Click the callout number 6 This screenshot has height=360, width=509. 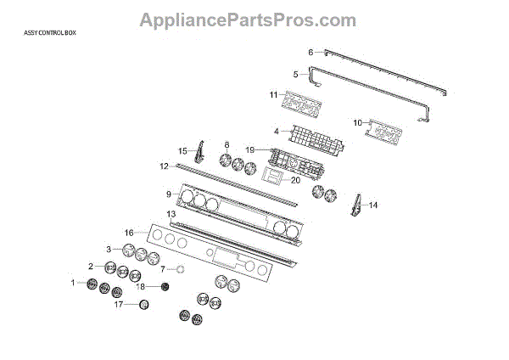310,53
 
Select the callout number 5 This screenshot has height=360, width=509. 295,74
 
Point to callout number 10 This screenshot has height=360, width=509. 357,123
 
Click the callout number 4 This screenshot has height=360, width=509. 277,131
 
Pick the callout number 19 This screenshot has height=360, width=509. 250,149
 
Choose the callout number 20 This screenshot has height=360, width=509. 295,180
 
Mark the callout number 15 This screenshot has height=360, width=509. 182,150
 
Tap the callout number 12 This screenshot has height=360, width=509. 165,166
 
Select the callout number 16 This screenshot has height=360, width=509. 129,232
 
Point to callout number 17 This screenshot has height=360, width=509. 120,303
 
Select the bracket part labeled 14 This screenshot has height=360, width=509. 356,206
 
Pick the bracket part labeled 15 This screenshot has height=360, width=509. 199,153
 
